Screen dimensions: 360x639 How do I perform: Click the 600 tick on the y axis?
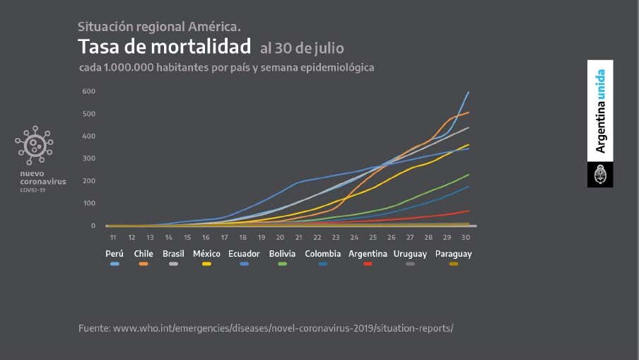point(88,91)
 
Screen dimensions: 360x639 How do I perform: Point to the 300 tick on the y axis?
point(88,158)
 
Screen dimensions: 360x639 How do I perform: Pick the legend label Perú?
point(115,253)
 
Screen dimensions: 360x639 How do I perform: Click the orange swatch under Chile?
point(143,263)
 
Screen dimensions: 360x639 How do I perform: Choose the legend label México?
point(206,253)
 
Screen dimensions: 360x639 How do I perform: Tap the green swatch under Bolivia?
point(283,263)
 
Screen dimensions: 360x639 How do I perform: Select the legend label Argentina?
point(367,253)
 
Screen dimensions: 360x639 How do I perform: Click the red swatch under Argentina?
point(368,263)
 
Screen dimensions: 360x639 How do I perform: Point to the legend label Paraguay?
point(453,253)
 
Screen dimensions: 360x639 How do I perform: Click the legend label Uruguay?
point(411,253)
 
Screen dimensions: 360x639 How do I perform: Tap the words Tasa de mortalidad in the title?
point(164,47)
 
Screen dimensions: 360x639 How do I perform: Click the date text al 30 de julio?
point(302,49)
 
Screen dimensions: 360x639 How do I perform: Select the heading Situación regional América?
point(159,27)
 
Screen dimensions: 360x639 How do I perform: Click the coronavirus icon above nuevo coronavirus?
point(34,146)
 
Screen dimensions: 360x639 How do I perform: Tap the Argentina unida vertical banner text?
point(600,111)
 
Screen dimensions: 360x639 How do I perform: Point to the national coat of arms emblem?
point(600,174)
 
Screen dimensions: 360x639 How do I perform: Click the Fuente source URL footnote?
point(266,328)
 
